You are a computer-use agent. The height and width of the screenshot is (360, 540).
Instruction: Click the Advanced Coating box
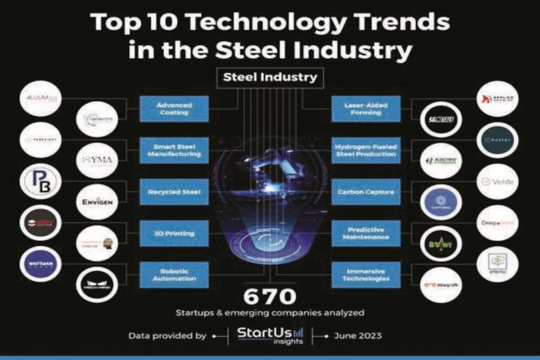coord(174,108)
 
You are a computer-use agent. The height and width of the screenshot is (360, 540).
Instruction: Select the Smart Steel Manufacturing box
coord(174,150)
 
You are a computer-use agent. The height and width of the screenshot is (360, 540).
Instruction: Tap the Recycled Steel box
coord(174,192)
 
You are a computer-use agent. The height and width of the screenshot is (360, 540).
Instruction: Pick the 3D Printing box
coord(174,234)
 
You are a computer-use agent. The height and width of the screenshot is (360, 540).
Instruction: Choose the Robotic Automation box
coord(174,275)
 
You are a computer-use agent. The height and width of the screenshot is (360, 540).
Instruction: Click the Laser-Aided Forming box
coord(366,108)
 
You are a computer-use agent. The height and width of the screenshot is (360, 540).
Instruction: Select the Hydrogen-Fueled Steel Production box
coord(366,150)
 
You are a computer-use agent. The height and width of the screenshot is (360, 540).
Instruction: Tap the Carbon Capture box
coord(366,192)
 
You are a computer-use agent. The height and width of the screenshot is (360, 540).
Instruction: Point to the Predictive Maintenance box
coord(366,234)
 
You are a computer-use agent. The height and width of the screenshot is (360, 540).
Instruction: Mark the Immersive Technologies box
coord(366,275)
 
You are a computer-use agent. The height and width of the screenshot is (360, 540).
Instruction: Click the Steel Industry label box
coord(270,77)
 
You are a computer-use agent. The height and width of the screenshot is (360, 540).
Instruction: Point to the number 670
coord(270,297)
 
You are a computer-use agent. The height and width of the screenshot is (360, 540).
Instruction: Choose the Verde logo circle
coord(497,182)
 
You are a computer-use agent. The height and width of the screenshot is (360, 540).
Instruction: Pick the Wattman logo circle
coord(41,264)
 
